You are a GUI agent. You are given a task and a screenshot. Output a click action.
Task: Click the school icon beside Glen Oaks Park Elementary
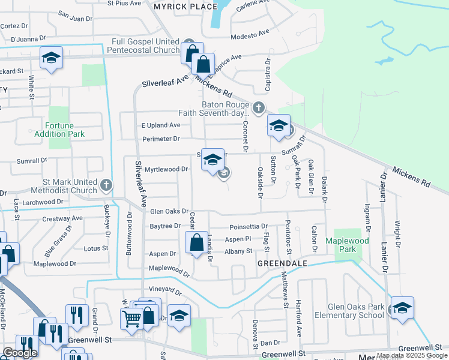click(402, 308)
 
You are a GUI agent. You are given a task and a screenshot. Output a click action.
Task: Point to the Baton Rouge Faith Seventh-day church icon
click(258, 108)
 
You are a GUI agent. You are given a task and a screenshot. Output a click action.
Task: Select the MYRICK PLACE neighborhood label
click(185, 7)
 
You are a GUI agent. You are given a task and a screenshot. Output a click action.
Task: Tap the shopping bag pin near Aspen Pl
click(196, 243)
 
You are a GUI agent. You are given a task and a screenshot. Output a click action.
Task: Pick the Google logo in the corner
click(20, 353)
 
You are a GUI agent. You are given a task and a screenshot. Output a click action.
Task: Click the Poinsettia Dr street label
click(248, 227)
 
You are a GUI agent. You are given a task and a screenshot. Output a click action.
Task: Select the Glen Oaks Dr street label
click(169, 211)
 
